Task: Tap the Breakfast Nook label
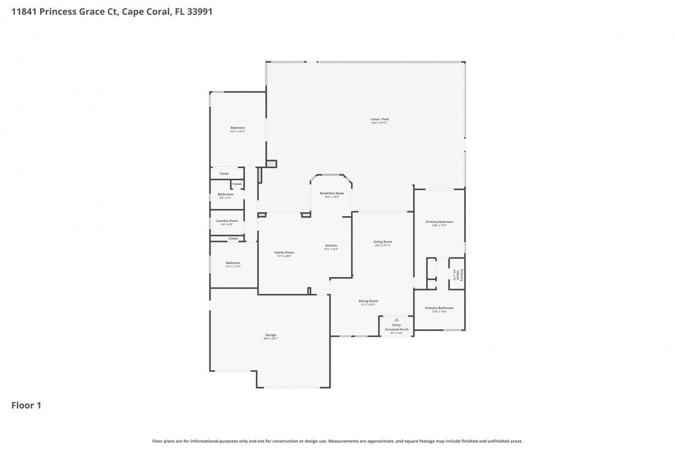pyautogui.click(x=332, y=193)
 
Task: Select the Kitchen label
pyautogui.click(x=331, y=245)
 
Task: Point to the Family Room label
pyautogui.click(x=284, y=252)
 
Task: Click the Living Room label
pyautogui.click(x=382, y=241)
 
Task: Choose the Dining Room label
pyautogui.click(x=368, y=301)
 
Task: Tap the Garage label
pyautogui.click(x=270, y=335)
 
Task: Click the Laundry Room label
pyautogui.click(x=227, y=221)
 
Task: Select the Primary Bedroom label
pyautogui.click(x=439, y=222)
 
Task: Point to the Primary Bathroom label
pyautogui.click(x=439, y=307)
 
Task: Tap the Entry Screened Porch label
pyautogui.click(x=396, y=327)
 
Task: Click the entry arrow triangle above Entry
pyautogui.click(x=396, y=319)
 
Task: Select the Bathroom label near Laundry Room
pyautogui.click(x=226, y=194)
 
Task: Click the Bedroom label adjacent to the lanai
pyautogui.click(x=237, y=128)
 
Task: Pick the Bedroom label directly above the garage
pyautogui.click(x=232, y=263)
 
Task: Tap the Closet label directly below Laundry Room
pyautogui.click(x=233, y=238)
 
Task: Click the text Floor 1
pyautogui.click(x=26, y=406)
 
